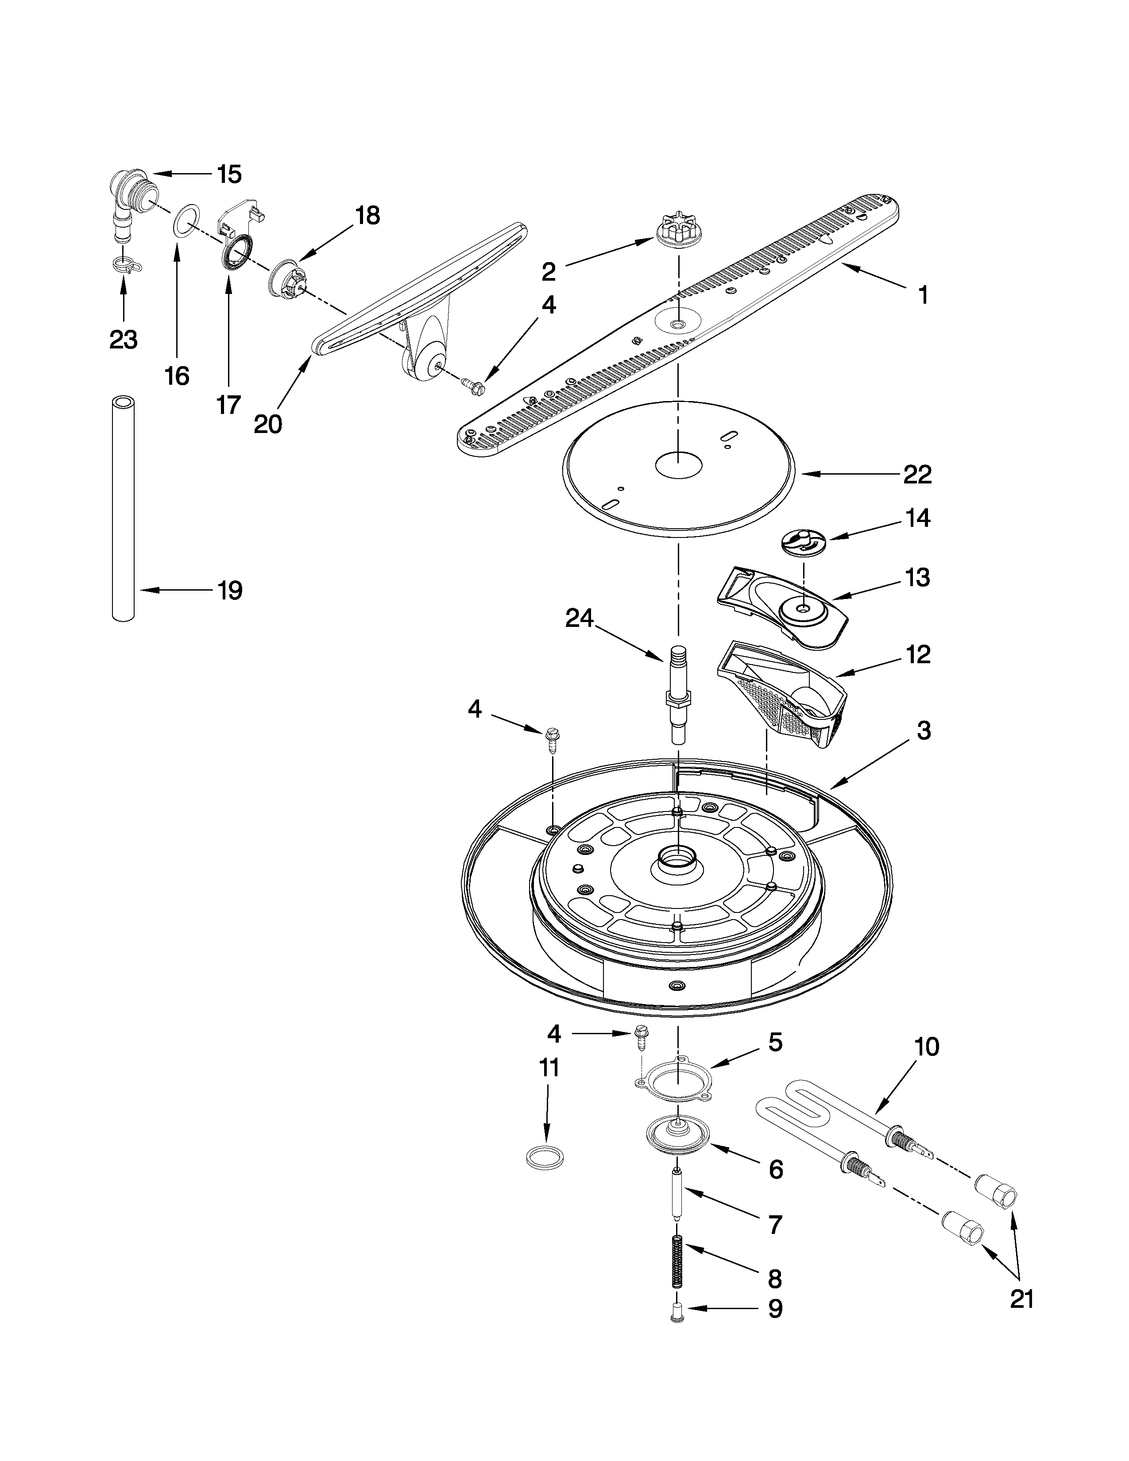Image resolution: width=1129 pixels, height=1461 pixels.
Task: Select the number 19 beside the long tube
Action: click(229, 590)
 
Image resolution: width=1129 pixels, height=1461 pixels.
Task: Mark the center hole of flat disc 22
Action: click(677, 464)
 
